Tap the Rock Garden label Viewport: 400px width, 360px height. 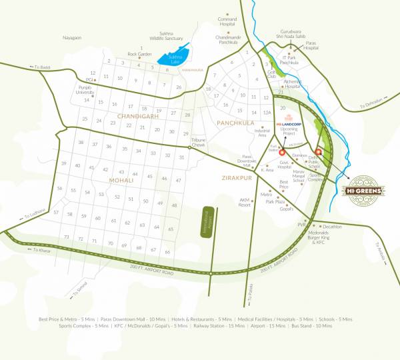coord(141,53)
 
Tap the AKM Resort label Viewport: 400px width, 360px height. coord(245,203)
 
